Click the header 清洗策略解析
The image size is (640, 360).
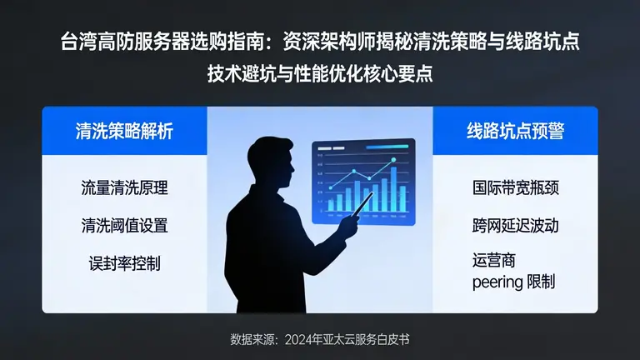pos(125,131)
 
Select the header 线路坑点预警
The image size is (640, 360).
pos(515,131)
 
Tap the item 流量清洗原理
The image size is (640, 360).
pos(125,187)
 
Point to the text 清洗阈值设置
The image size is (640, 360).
pos(125,225)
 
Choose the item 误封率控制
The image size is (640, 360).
pos(125,262)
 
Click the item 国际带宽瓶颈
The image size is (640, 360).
pos(515,187)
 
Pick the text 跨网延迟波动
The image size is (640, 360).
pos(515,225)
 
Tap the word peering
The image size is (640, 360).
pos(497,282)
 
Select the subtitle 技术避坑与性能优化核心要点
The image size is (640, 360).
pos(321,72)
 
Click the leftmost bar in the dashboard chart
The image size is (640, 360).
pos(331,205)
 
